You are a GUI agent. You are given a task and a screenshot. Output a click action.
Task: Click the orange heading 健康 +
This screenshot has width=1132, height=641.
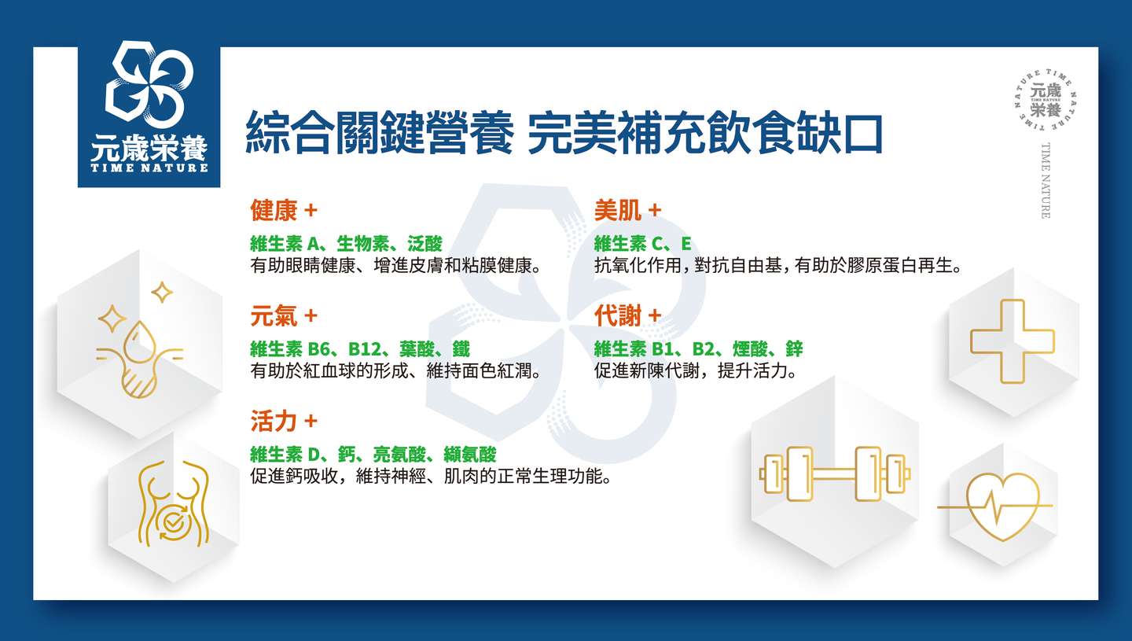point(284,210)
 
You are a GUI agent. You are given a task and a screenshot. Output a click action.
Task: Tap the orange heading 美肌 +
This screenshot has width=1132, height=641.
point(627,210)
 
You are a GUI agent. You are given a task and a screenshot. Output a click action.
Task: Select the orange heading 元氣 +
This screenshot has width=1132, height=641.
point(284,316)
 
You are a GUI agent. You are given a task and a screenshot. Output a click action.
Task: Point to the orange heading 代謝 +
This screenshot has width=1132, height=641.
point(627,316)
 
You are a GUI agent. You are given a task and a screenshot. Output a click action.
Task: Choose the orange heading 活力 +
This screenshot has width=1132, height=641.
point(284,421)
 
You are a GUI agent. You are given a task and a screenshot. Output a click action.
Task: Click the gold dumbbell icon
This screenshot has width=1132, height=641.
point(834,473)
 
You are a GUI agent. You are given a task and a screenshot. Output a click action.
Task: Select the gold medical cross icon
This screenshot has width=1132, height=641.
point(1013,341)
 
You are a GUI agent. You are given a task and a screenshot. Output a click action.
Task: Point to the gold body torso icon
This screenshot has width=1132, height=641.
point(173,503)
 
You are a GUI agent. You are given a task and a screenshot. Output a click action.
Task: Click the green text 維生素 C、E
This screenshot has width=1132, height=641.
point(642,244)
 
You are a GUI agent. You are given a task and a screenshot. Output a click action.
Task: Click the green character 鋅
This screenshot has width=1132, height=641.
point(794,348)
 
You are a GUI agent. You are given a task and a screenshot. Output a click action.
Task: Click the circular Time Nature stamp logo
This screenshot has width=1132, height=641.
point(1045,100)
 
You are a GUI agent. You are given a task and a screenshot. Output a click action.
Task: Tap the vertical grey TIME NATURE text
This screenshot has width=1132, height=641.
point(1046,180)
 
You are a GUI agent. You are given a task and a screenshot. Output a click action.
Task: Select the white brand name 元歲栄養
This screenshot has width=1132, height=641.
point(149,148)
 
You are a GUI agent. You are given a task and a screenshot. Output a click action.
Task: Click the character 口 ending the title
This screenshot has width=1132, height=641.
point(863,134)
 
